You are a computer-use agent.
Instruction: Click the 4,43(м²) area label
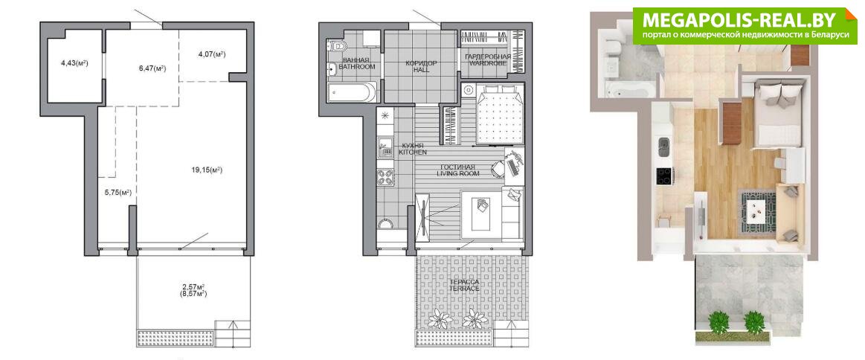pos(74,63)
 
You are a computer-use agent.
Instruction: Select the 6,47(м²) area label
pos(152,68)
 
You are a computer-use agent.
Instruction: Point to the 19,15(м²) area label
pos(207,170)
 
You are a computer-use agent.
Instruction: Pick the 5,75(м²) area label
pos(118,193)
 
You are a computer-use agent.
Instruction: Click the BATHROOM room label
pos(358,67)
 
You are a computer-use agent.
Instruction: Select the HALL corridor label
pos(421,71)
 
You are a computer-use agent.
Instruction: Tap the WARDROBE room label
pos(486,63)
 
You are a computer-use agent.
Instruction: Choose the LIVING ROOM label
pos(458,173)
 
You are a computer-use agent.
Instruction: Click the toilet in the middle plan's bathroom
pos(335,45)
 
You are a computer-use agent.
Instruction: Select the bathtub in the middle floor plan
pos(351,92)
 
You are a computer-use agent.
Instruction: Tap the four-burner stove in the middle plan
pos(385,177)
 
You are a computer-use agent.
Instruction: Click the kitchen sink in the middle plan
pos(384,148)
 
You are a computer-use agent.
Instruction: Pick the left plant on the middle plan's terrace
pos(440,319)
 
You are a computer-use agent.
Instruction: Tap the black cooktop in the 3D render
pos(663,176)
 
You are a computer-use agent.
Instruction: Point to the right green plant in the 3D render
pos(753,322)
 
